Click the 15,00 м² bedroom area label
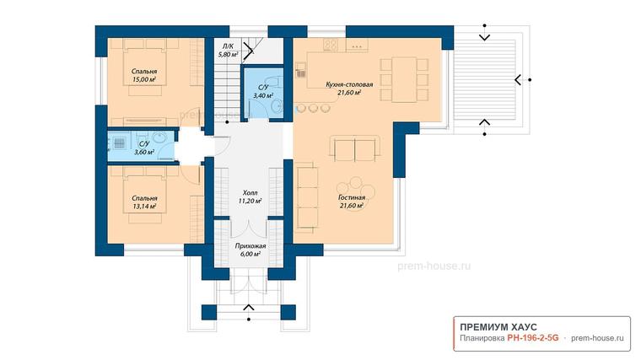click(144, 80)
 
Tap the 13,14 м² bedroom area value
click(144, 207)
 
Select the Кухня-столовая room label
click(349, 84)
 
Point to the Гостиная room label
click(352, 198)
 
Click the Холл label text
click(250, 193)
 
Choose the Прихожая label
click(250, 246)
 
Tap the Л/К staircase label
click(228, 46)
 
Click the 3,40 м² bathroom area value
click(263, 95)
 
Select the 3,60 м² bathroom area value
click(144, 153)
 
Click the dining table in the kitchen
click(404, 80)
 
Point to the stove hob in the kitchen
click(331, 44)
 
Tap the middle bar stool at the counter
click(313, 108)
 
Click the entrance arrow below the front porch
click(249, 308)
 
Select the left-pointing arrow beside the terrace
click(518, 80)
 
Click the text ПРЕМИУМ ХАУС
click(498, 327)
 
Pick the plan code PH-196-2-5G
click(533, 338)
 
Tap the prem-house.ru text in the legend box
click(597, 338)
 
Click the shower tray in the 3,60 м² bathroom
click(119, 142)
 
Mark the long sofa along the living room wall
click(307, 196)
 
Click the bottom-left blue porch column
click(209, 312)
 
